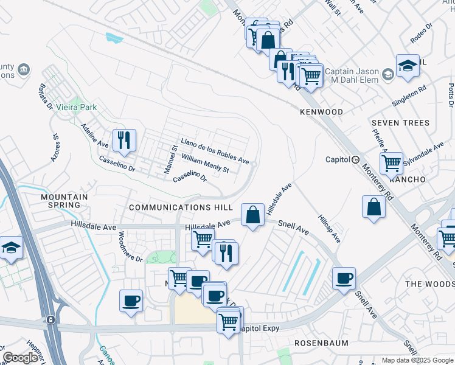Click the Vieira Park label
77,107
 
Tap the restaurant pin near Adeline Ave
123,141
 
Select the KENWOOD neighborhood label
321,112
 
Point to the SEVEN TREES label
400,123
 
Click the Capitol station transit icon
355,159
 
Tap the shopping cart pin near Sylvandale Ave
391,162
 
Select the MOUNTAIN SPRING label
64,201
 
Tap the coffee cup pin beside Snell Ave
344,278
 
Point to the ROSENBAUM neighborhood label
321,343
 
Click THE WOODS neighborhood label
429,284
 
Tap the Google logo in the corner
20,358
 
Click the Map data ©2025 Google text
417,360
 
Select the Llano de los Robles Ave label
214,151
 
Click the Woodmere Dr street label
130,246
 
